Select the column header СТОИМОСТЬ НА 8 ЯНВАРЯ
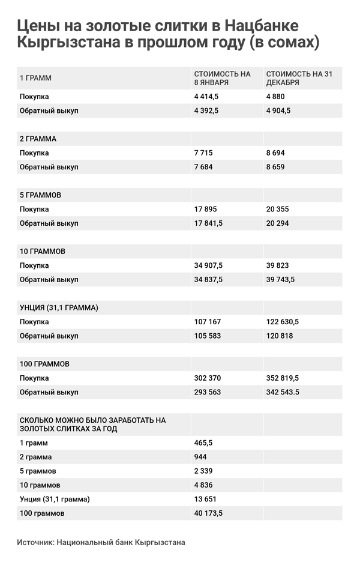222,78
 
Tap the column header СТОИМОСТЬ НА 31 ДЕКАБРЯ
298,78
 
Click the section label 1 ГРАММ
36,78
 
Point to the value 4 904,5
278,110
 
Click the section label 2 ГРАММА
38,139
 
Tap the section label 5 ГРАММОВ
41,195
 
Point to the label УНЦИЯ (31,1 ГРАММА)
59,308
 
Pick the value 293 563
208,393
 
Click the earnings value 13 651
205,500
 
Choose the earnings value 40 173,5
209,513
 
